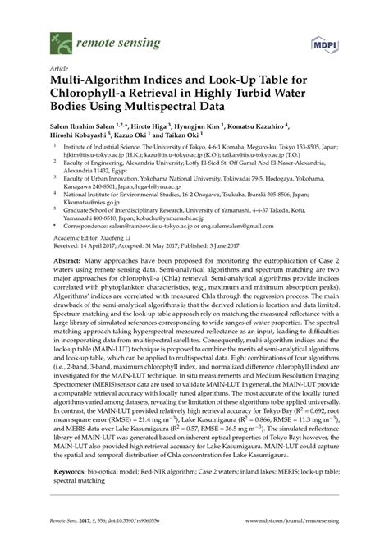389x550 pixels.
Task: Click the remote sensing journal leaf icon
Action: coord(60,39)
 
